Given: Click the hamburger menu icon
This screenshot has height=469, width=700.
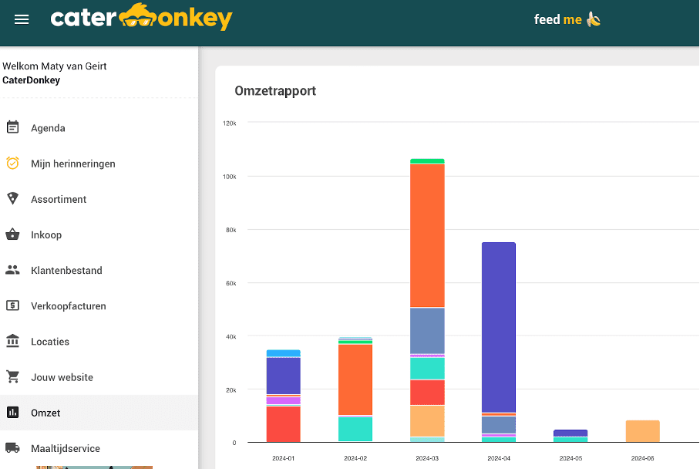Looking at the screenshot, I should coord(22,19).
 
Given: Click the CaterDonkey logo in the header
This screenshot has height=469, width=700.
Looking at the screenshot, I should coord(141,18).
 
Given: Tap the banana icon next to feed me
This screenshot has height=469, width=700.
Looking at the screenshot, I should coord(593,19).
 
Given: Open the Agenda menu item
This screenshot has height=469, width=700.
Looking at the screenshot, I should coord(48,128).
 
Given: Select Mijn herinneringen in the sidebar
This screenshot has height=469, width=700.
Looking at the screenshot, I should coord(72,164).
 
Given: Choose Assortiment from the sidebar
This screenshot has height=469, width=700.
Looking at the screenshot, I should coord(59,199).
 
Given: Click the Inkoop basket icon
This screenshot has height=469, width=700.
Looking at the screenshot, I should coord(12,235).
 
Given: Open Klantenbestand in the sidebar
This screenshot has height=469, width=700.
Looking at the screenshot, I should coord(66,271).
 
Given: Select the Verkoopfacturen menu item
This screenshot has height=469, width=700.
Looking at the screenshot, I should coord(68,306).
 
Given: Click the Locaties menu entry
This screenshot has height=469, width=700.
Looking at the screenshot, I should coord(50,342).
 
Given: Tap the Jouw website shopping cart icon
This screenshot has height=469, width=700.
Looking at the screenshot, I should coord(12,377).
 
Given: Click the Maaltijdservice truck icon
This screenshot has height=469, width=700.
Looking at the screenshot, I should coord(12,447).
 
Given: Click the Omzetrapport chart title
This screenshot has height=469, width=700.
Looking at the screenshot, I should coord(275,91).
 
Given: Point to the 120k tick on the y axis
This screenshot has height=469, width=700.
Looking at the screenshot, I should coord(230,123).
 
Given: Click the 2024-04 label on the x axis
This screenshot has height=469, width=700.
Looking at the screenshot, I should coord(499,458).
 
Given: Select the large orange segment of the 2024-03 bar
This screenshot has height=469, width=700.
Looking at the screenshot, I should coord(427,235).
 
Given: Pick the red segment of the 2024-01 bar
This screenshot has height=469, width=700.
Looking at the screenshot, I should coord(283,423).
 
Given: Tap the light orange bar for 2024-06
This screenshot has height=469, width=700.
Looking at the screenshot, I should coord(642,431).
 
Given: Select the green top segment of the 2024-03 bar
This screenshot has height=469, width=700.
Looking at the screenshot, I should coord(427,161).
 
